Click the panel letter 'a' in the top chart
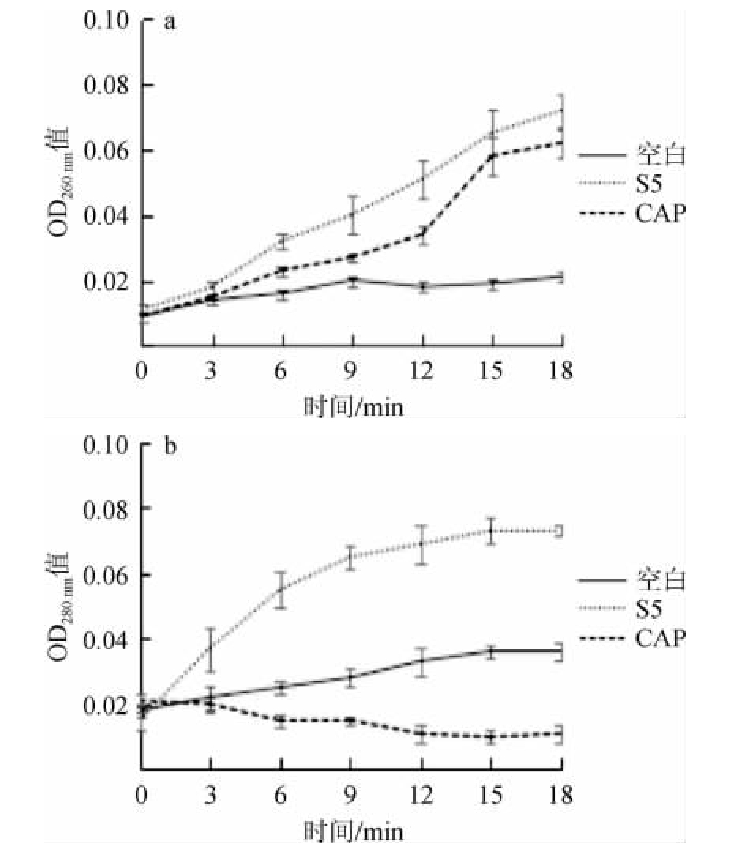[x=168, y=21]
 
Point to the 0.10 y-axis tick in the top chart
[x=106, y=20]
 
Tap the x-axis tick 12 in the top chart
[x=423, y=370]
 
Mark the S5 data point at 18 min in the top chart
[x=561, y=109]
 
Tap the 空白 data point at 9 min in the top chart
[x=352, y=281]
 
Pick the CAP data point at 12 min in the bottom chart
[x=422, y=734]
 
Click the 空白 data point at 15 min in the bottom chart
[x=492, y=651]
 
